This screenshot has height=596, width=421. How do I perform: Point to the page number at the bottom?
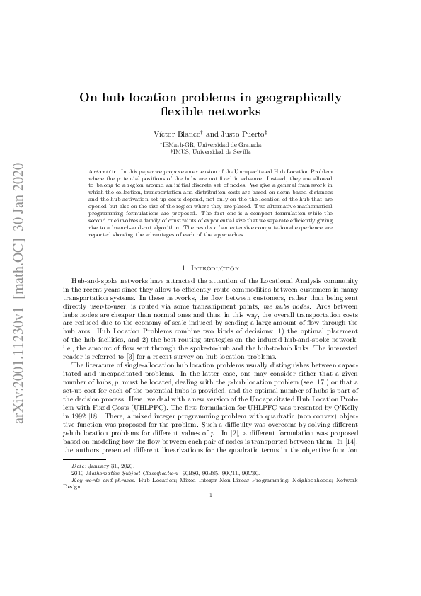[210, 574]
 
